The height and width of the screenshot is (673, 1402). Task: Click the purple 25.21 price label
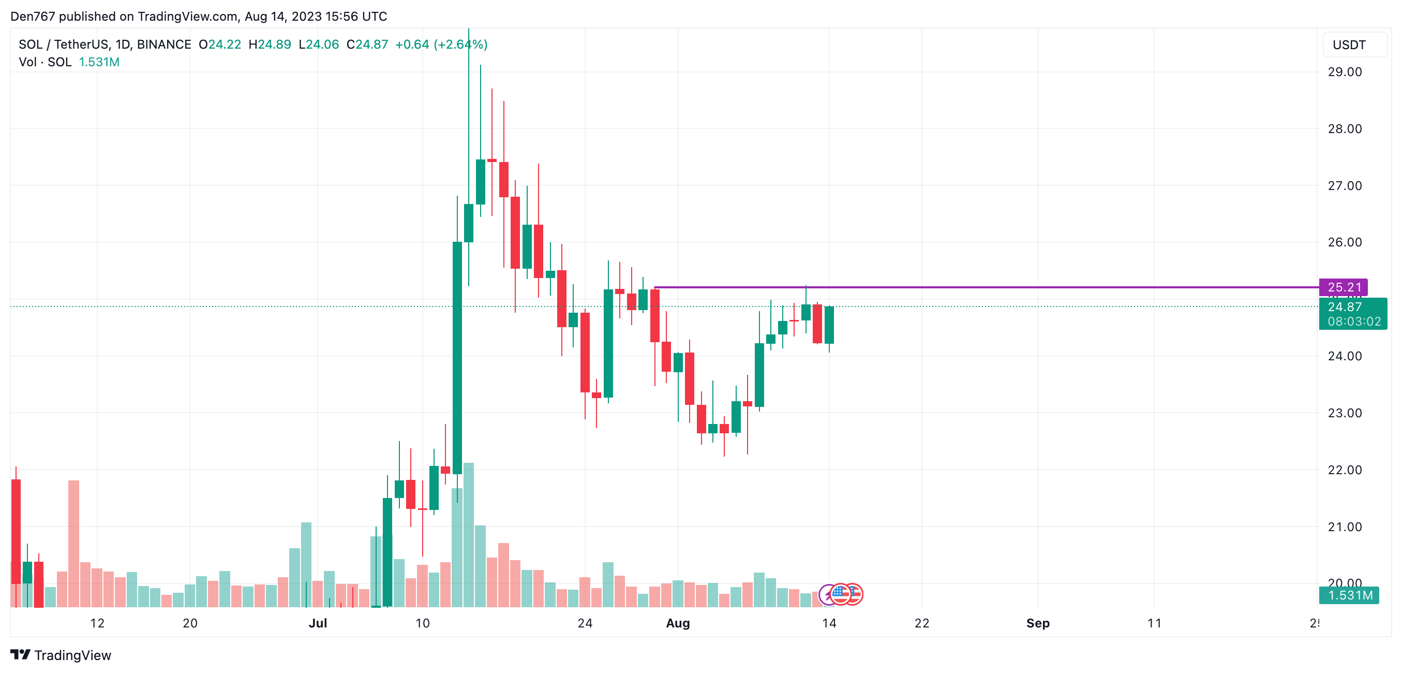tap(1343, 287)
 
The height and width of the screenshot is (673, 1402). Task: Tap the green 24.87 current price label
tap(1344, 307)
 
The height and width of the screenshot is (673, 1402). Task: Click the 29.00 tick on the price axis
tap(1344, 72)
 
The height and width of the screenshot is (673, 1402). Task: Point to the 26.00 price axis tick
tap(1344, 242)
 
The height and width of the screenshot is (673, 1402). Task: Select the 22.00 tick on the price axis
tap(1344, 470)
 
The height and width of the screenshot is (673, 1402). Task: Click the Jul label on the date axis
tap(318, 623)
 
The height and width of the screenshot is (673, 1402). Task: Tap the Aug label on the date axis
tap(678, 623)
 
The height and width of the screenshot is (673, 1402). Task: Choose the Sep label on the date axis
tap(1037, 623)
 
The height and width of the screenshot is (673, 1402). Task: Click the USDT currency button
tap(1349, 45)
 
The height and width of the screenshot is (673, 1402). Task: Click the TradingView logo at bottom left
tap(61, 655)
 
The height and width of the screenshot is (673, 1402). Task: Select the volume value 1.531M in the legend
tap(99, 62)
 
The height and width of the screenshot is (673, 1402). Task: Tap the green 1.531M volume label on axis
tap(1350, 595)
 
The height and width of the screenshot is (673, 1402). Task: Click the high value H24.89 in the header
tap(270, 45)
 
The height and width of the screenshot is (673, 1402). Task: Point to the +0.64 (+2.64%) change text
tap(441, 45)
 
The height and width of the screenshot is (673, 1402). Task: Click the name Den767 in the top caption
tap(33, 17)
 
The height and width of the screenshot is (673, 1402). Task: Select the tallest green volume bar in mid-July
tap(469, 534)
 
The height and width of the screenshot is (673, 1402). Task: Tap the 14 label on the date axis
tap(829, 623)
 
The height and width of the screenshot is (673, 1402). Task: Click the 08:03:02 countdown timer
tap(1353, 322)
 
